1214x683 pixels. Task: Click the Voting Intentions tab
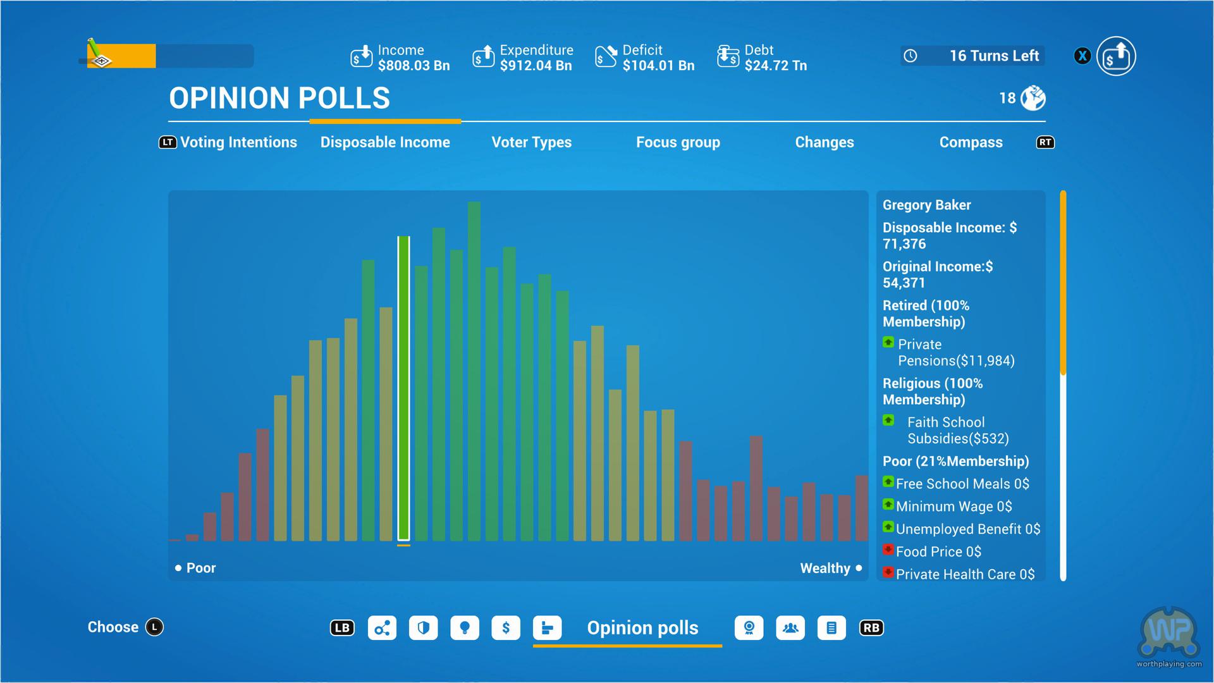point(238,142)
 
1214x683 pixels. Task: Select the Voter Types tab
point(531,142)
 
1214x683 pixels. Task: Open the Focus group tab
point(678,142)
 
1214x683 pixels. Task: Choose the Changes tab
point(824,142)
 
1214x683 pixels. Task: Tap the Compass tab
point(971,142)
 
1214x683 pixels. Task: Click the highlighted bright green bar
point(403,389)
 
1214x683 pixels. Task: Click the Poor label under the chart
point(200,568)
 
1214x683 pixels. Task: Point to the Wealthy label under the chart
point(825,568)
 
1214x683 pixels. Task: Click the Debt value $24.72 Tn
point(775,66)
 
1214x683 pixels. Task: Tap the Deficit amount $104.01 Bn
point(658,66)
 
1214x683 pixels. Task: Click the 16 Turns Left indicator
point(993,56)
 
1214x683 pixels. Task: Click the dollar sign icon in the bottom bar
point(506,628)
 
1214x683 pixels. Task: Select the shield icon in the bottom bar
point(423,628)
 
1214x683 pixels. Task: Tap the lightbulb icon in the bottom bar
point(465,628)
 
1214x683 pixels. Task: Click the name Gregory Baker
point(926,205)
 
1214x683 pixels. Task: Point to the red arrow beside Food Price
point(888,550)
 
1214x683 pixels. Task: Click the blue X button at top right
point(1082,56)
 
